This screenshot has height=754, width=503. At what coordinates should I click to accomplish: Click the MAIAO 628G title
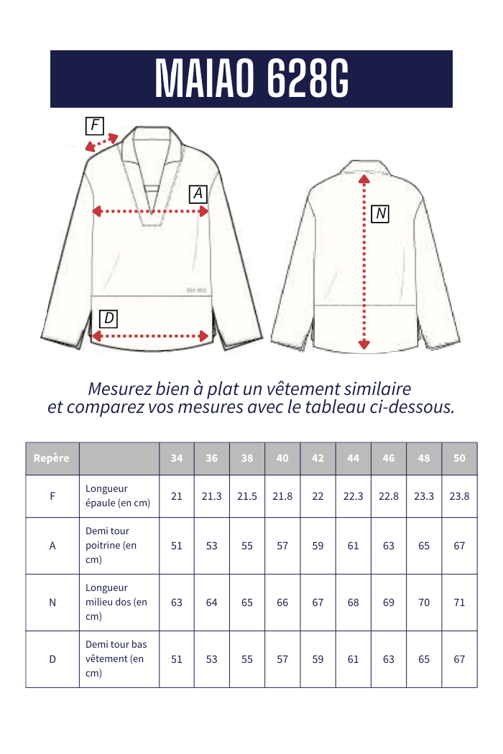tap(251, 79)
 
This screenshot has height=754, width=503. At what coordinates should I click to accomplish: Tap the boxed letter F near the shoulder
tap(94, 126)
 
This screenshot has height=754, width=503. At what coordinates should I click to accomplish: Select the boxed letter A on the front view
tap(198, 194)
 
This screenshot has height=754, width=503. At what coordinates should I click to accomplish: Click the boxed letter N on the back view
tap(380, 213)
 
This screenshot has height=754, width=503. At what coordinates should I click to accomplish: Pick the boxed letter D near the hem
tap(109, 318)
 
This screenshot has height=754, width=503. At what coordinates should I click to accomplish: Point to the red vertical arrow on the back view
tap(364, 261)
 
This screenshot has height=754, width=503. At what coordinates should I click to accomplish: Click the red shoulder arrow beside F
tap(101, 143)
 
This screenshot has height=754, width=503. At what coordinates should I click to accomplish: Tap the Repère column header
tap(52, 458)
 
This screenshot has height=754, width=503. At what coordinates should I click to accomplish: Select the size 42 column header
tap(318, 458)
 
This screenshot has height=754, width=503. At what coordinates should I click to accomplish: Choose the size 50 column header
tap(459, 458)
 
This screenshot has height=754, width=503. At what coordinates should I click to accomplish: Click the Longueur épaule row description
tap(118, 495)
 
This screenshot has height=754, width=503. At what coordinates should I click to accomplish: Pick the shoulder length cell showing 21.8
tap(282, 496)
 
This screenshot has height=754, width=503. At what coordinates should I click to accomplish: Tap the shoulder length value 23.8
tap(459, 496)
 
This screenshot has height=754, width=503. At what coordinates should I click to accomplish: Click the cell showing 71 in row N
tap(459, 602)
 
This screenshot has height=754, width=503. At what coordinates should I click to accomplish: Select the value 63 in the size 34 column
tap(177, 602)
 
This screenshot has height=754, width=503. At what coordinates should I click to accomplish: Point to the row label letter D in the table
tap(52, 659)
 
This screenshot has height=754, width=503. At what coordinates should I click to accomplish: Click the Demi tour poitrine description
tap(111, 545)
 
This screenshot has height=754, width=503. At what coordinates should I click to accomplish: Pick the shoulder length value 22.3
tap(354, 496)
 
